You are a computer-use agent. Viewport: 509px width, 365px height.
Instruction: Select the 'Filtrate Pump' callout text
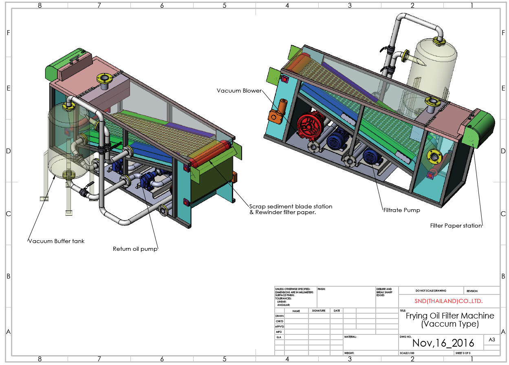pyautogui.click(x=401, y=210)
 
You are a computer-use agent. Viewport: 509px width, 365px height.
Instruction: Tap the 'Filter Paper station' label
pyautogui.click(x=456, y=226)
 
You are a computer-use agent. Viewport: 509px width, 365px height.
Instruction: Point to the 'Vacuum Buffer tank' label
pyautogui.click(x=56, y=241)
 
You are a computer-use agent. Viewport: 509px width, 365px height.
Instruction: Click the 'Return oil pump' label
pyautogui.click(x=135, y=248)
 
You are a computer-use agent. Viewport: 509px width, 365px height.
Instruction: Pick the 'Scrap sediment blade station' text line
pyautogui.click(x=291, y=206)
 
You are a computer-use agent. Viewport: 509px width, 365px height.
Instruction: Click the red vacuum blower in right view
pyautogui.click(x=309, y=127)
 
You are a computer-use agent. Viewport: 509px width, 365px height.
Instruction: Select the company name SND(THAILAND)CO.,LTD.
pyautogui.click(x=448, y=301)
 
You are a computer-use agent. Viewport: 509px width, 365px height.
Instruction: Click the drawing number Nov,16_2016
pyautogui.click(x=443, y=343)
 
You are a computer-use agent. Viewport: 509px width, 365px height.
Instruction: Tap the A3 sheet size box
pyautogui.click(x=491, y=340)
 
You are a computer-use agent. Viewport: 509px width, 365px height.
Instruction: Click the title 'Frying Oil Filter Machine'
pyautogui.click(x=450, y=316)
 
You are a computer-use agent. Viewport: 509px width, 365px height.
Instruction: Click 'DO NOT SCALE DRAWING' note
pyautogui.click(x=431, y=291)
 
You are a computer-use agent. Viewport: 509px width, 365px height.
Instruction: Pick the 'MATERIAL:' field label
pyautogui.click(x=350, y=337)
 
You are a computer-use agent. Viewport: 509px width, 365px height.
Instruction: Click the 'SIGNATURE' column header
pyautogui.click(x=319, y=311)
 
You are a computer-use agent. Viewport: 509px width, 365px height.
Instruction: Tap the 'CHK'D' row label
pyautogui.click(x=280, y=321)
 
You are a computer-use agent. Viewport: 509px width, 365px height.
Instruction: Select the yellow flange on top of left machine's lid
pyautogui.click(x=103, y=77)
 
